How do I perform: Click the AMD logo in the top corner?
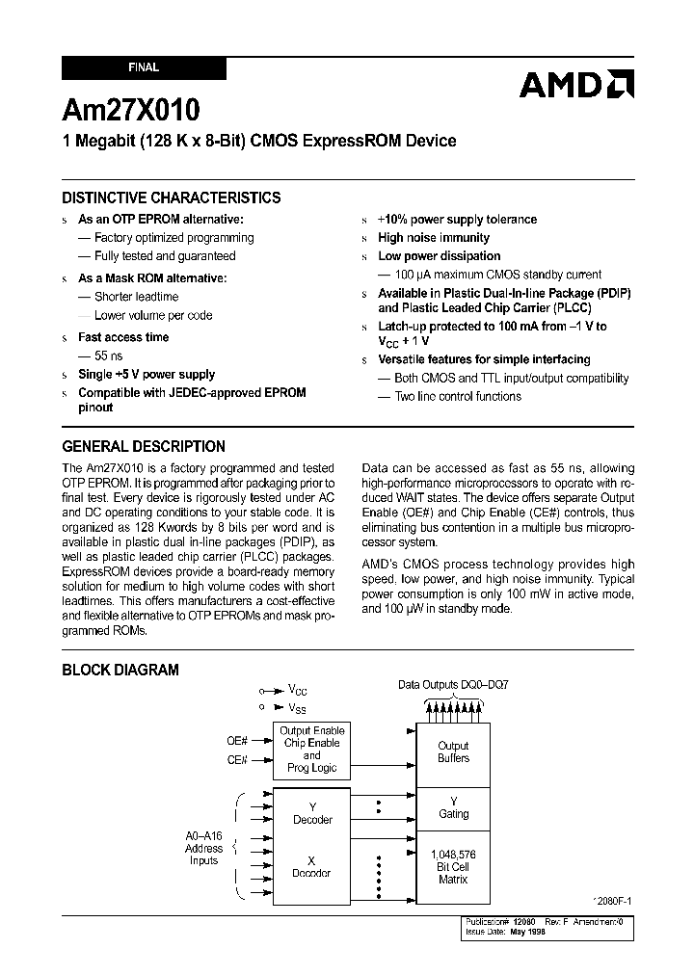576,85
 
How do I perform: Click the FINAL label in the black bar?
144,68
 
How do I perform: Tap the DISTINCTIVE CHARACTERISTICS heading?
172,198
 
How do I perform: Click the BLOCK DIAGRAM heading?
120,670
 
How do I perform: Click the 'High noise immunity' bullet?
433,238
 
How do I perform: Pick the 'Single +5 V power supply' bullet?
146,375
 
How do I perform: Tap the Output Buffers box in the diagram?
453,752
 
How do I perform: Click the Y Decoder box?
311,813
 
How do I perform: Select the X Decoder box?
311,867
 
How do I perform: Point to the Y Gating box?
453,807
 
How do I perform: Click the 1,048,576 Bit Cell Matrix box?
453,867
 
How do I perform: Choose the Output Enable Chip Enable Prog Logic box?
311,750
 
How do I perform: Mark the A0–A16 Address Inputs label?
203,849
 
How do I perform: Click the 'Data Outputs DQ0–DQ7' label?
453,685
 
